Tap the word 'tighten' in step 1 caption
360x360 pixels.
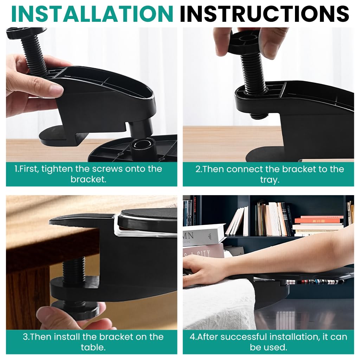[x=55, y=169]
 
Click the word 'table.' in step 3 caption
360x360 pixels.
[x=91, y=347]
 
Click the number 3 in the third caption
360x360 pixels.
[x=25, y=337]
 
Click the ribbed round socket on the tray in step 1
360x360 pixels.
[x=143, y=145]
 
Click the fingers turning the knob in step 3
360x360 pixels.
[x=56, y=316]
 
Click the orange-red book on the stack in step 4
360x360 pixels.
[x=318, y=221]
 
